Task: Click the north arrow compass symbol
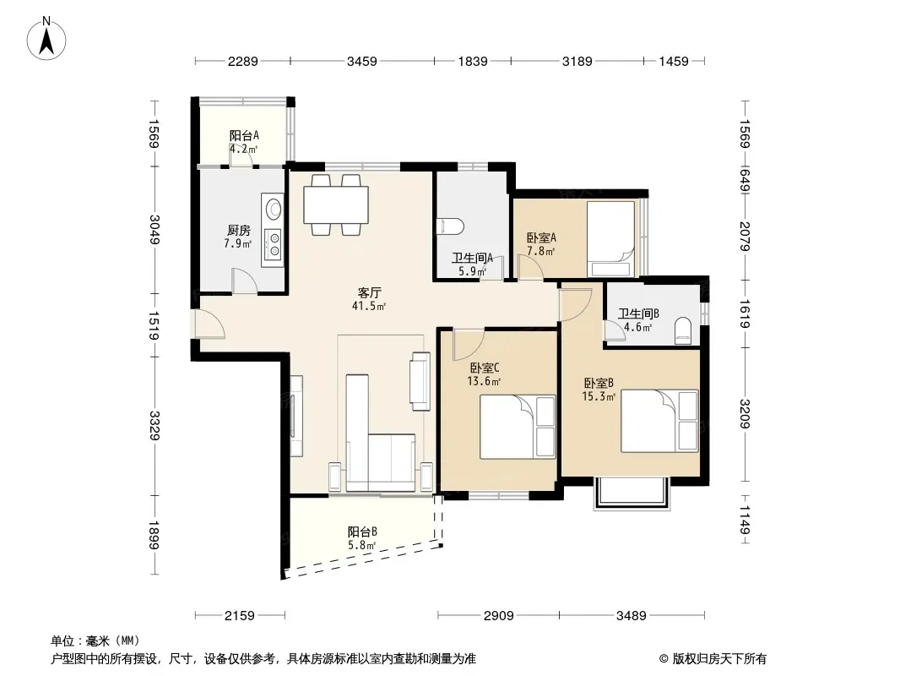pos(46,38)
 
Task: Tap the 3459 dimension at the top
pos(362,61)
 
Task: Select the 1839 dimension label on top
pos(473,61)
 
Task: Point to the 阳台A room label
pos(244,135)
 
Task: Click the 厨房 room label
pos(238,231)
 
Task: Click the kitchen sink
pos(274,207)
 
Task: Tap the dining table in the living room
pos(336,204)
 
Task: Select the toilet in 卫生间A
pos(450,226)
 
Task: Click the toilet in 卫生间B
pos(683,331)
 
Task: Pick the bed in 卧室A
pos(610,239)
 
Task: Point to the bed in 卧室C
pos(518,427)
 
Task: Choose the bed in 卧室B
pos(659,421)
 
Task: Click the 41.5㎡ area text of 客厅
pos(368,306)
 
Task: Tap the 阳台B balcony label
pos(362,532)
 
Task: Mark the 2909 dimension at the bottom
pos(498,616)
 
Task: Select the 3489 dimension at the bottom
pos(632,616)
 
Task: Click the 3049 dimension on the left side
pos(154,229)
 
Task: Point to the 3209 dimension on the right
pos(745,413)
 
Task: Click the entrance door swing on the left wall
pos(209,324)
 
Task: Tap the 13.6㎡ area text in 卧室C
pos(483,381)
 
